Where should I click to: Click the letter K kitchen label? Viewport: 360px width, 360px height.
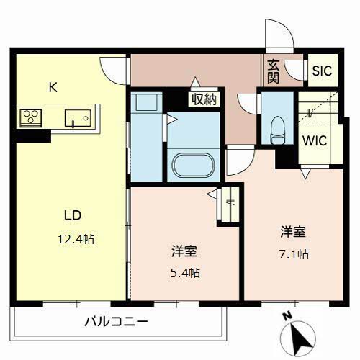[x=52, y=88]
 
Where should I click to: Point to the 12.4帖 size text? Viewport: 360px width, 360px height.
[x=76, y=238]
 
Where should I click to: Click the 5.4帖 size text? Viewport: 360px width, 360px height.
[x=185, y=273]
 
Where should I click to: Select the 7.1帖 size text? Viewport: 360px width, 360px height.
[x=294, y=254]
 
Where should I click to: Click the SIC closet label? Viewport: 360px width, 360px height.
[x=321, y=71]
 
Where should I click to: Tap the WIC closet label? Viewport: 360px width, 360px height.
[x=315, y=140]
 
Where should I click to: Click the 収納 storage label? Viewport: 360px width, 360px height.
[x=204, y=99]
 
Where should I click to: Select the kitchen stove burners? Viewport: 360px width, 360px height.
[x=31, y=117]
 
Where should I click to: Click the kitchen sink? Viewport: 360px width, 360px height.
[x=76, y=117]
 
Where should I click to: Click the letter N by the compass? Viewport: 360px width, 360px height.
[x=287, y=315]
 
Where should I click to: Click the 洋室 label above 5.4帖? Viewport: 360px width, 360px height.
[x=185, y=252]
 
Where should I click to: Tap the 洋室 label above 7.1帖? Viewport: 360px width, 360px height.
[x=294, y=233]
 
